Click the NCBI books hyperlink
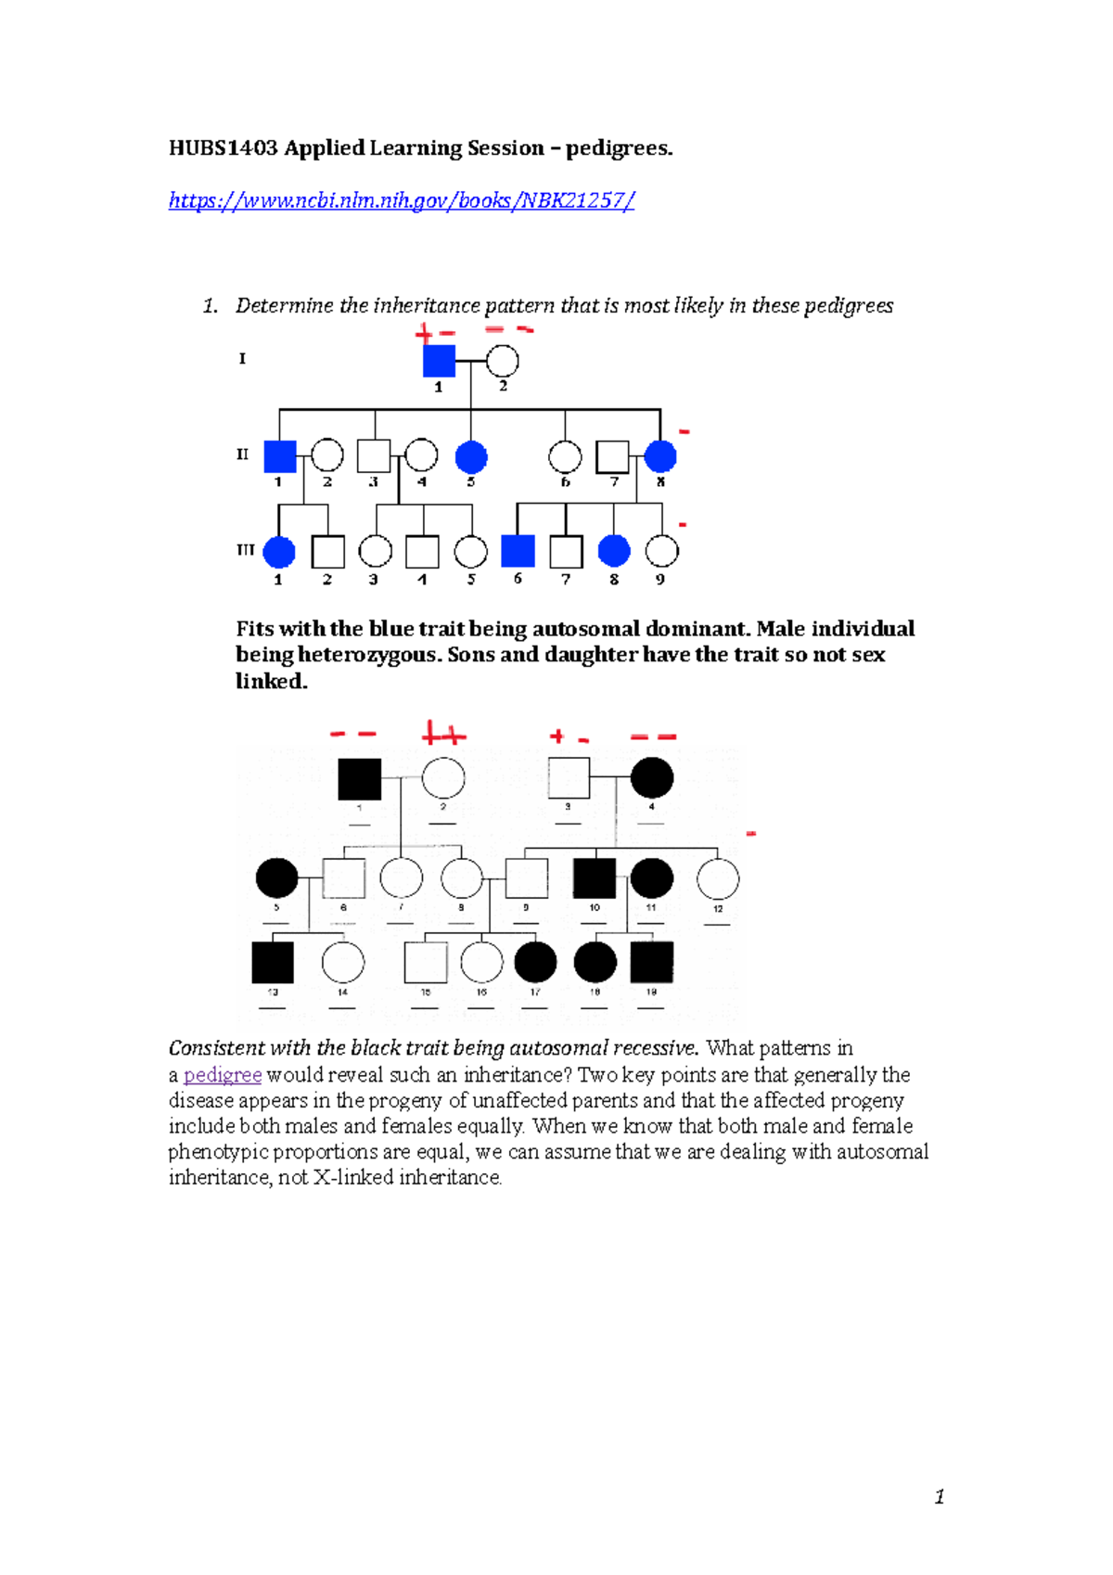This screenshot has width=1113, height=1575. tap(401, 200)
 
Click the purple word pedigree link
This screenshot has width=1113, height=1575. tap(223, 1075)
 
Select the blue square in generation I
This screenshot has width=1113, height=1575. tap(439, 361)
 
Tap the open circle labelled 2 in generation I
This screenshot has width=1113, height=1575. tap(502, 361)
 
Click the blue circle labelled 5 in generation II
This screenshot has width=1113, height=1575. tap(471, 456)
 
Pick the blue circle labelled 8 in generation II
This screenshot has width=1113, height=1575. tap(660, 456)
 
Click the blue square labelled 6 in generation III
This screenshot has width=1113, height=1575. tap(518, 551)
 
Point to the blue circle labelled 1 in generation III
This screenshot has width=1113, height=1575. tap(278, 551)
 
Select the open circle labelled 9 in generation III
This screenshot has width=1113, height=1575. tap(661, 551)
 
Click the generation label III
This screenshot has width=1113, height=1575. tap(245, 550)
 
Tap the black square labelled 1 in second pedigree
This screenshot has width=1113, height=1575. tap(360, 778)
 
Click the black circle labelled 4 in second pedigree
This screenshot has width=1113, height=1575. tap(652, 778)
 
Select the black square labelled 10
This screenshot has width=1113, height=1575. tap(595, 878)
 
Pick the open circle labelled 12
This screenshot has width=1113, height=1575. tap(718, 878)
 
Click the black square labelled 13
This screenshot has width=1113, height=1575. tap(273, 962)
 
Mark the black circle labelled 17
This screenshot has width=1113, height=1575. tap(535, 962)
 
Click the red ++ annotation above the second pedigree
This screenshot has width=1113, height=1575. tap(443, 736)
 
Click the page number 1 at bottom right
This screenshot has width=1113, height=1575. tap(940, 1496)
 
